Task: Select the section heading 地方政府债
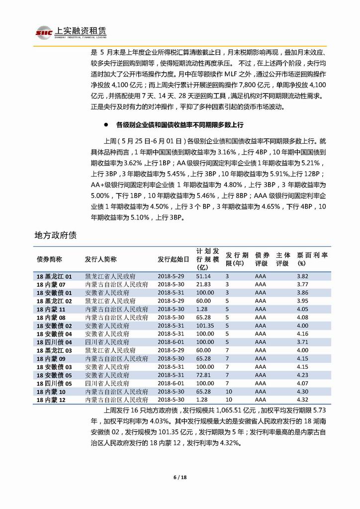55,234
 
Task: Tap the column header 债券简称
49,259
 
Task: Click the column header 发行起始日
174,259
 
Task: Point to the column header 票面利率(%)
312,259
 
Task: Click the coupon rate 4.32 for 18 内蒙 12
303,400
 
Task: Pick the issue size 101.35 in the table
204,325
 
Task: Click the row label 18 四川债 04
54,342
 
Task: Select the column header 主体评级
282,259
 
